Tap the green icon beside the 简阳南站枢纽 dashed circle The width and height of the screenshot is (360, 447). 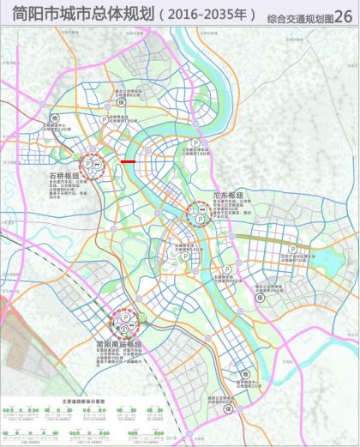143,321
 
